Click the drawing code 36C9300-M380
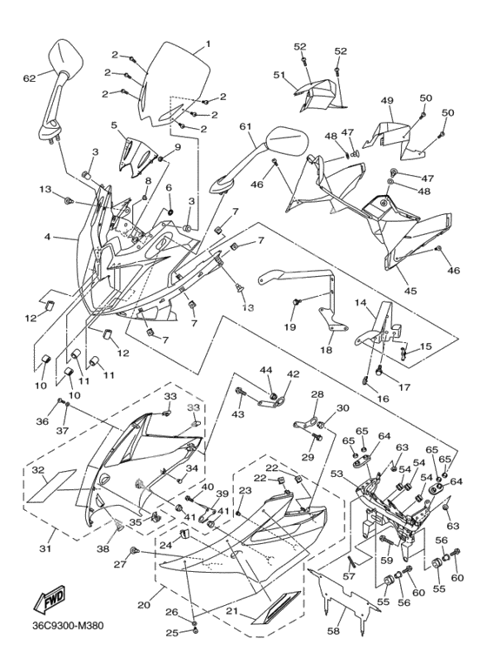click(x=68, y=626)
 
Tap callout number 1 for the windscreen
click(x=208, y=44)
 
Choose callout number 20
click(x=144, y=605)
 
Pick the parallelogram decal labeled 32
click(x=51, y=486)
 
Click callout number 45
click(x=410, y=291)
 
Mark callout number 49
click(x=387, y=101)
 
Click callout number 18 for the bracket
click(x=326, y=350)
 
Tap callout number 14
click(x=360, y=303)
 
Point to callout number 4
click(x=48, y=236)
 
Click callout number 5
click(x=114, y=125)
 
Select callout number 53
click(x=337, y=474)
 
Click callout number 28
click(x=317, y=394)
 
